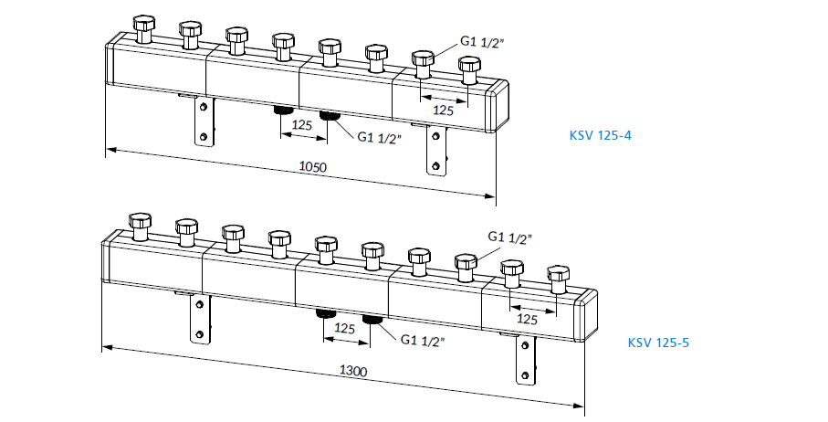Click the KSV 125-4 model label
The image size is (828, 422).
[601, 136]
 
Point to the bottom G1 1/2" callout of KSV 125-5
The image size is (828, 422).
[423, 341]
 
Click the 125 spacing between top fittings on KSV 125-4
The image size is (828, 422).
[444, 110]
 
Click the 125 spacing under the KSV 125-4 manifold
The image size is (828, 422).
[302, 125]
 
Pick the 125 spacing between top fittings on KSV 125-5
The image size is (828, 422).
[528, 319]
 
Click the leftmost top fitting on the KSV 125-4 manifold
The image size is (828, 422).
[143, 29]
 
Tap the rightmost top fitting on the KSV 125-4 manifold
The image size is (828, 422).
[469, 69]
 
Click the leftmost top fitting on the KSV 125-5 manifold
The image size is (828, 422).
[140, 226]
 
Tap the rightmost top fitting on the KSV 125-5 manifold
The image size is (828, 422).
[558, 276]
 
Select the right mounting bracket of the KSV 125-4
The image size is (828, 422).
[435, 150]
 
